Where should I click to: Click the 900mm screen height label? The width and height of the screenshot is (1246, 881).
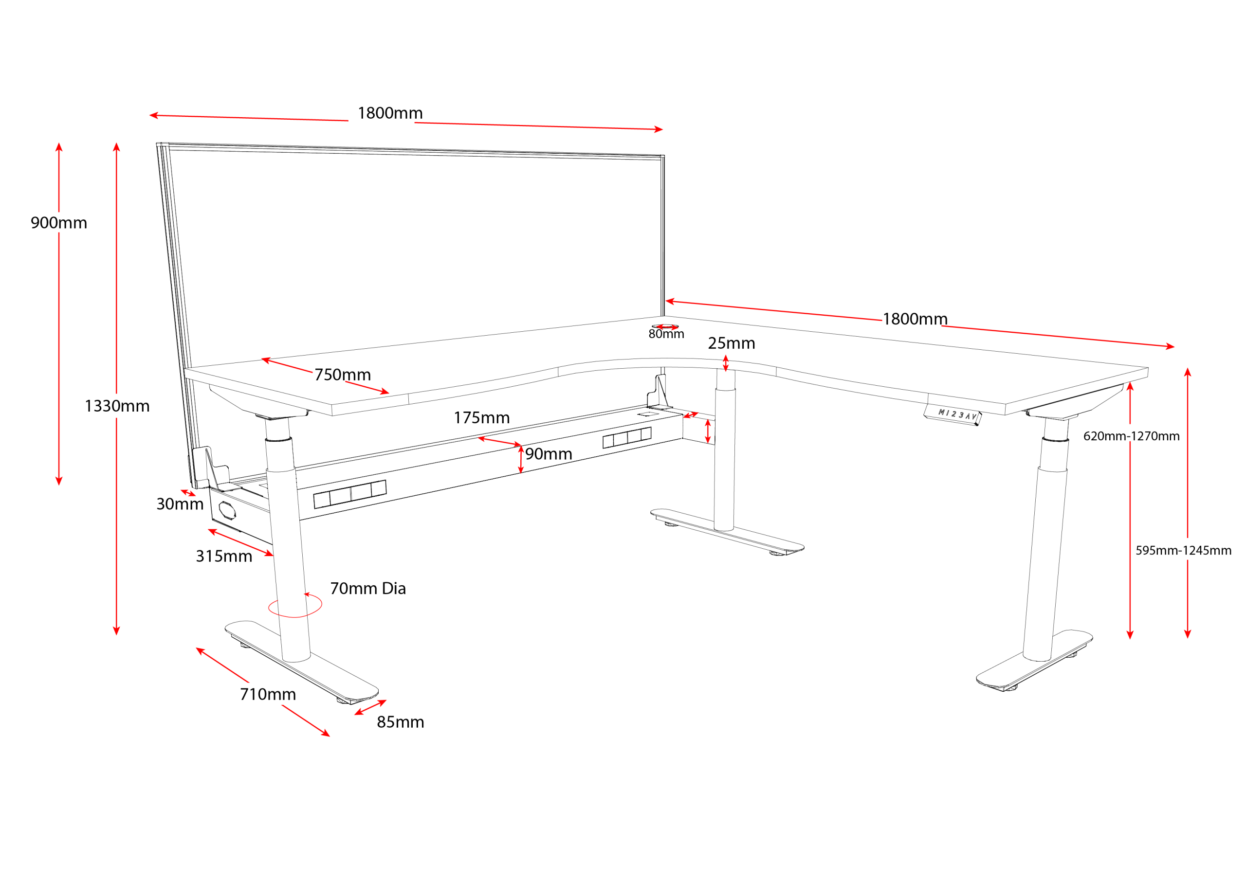[58, 222]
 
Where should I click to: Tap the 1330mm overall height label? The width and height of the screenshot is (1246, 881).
[117, 406]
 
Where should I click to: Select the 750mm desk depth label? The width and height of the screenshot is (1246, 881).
[343, 374]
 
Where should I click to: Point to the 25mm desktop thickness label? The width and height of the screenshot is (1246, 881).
[731, 343]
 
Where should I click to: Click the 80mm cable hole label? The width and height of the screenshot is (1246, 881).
[666, 334]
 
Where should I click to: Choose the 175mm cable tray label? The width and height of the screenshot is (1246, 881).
[481, 417]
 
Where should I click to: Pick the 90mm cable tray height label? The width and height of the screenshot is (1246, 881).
[548, 453]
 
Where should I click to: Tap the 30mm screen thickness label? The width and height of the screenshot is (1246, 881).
[180, 503]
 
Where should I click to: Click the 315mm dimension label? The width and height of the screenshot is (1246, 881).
[223, 556]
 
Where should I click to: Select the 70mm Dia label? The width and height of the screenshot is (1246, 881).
[367, 588]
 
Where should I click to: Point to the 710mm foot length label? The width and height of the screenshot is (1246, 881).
[268, 694]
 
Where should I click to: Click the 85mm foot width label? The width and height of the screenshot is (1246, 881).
[400, 721]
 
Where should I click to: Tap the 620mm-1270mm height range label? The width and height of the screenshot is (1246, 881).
[1131, 435]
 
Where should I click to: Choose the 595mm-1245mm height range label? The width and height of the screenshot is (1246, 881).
[1183, 550]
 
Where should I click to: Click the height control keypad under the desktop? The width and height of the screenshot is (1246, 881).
[953, 414]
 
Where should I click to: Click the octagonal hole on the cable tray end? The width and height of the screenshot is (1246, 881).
[227, 509]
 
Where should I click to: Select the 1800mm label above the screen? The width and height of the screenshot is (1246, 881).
[390, 113]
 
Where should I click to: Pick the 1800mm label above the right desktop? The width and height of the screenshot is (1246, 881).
[915, 319]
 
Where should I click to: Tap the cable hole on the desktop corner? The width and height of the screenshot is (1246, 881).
[665, 327]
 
